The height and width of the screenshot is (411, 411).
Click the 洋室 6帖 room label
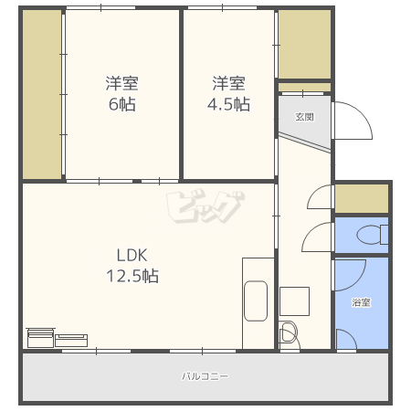click(122, 93)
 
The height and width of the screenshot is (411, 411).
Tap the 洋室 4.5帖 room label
click(228, 93)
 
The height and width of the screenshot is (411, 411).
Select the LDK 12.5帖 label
click(132, 266)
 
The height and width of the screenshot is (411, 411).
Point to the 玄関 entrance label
click(304, 117)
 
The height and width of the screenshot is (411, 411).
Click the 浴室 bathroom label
click(362, 302)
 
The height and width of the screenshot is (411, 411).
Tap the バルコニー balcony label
click(205, 376)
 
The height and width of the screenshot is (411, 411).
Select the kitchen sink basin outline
click(256, 300)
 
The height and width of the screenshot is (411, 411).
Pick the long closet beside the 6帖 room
click(42, 94)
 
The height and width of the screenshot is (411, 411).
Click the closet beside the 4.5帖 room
click(304, 44)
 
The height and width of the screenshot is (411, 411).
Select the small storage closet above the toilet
click(362, 198)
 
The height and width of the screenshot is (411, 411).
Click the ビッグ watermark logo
click(205, 207)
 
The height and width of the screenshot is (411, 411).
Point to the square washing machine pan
click(294, 301)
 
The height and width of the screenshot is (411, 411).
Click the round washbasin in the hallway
click(288, 333)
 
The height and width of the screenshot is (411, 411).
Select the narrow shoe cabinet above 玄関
click(304, 87)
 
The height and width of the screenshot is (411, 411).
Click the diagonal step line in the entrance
click(305, 142)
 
